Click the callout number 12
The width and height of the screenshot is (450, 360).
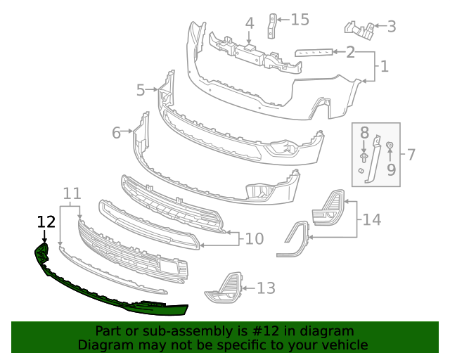[46, 221]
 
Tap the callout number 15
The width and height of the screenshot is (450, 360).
[300, 19]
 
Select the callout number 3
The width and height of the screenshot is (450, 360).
[392, 27]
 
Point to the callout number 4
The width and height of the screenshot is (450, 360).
[249, 23]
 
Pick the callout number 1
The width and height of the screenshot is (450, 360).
[385, 67]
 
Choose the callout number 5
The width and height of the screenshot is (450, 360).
[141, 90]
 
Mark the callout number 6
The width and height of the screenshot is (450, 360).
[117, 131]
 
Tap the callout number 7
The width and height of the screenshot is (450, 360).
[411, 153]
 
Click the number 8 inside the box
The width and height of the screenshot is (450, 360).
[364, 133]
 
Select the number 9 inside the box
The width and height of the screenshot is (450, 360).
[391, 169]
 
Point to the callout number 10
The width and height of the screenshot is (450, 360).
[254, 239]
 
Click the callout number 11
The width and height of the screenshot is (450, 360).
[71, 193]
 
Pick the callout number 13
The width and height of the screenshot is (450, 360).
[266, 288]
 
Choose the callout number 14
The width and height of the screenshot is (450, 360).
[372, 220]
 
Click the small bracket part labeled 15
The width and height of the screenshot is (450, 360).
[271, 26]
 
